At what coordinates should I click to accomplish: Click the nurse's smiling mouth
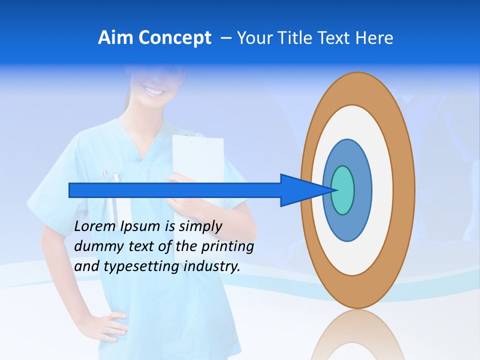[x=154, y=91]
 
